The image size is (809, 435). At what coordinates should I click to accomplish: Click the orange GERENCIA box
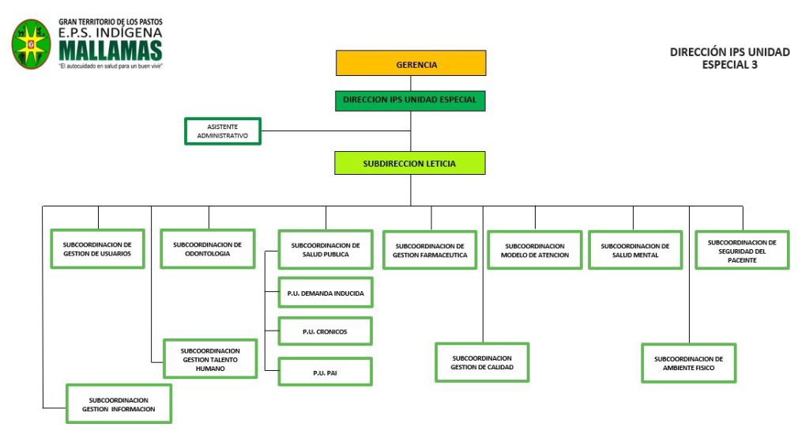(410, 64)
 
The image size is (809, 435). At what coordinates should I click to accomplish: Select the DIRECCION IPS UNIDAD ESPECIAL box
(410, 100)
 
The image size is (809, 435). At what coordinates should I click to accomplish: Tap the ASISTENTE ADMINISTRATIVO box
(222, 131)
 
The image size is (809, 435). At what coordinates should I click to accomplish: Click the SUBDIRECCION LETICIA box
(409, 163)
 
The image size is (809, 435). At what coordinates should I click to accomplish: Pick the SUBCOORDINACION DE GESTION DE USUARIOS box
(98, 249)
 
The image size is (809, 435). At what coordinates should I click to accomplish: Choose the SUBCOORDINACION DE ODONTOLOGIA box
(208, 249)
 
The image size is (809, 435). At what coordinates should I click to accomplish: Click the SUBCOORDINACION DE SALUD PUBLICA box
(325, 250)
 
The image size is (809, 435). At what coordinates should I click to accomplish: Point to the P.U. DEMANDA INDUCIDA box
(325, 293)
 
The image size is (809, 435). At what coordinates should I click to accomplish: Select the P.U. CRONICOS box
(325, 331)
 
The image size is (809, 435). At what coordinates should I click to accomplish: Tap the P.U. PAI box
(325, 372)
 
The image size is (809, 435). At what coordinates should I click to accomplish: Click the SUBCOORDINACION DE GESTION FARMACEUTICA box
(430, 250)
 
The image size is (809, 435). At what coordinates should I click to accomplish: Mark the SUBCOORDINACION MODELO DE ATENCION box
(535, 250)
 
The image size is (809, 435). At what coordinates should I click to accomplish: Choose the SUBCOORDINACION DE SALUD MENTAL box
(635, 250)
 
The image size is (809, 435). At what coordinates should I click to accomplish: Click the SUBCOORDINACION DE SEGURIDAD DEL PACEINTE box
(742, 250)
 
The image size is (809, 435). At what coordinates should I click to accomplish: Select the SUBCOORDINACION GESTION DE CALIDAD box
(482, 362)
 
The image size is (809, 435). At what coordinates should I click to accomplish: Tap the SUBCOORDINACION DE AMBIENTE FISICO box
(688, 363)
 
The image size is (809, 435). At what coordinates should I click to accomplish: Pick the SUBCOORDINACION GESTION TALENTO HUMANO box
(210, 359)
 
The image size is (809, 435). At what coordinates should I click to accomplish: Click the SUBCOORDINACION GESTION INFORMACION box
(119, 404)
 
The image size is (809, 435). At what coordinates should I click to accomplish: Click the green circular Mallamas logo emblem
(32, 43)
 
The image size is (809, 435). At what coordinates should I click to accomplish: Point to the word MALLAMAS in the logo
(110, 51)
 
